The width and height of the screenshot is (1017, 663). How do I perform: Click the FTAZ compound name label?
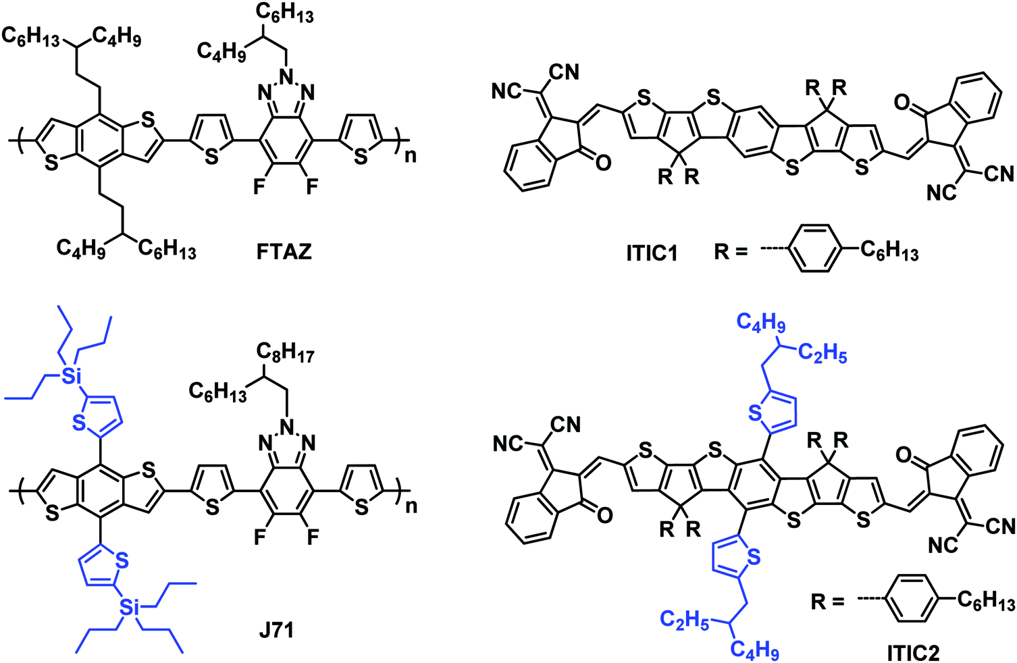[x=284, y=252]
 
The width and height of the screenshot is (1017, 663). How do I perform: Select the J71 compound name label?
[x=276, y=631]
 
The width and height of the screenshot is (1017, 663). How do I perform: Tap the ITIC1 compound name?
[x=652, y=253]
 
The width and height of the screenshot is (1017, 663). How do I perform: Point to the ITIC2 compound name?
[x=913, y=653]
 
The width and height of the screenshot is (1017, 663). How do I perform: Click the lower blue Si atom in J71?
[x=129, y=608]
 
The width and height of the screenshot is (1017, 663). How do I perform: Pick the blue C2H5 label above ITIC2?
[x=823, y=353]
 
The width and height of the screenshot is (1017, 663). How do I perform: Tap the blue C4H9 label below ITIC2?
[x=755, y=650]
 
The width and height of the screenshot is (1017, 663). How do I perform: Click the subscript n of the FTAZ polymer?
[x=410, y=156]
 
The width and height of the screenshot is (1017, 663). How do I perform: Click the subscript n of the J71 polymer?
[x=411, y=506]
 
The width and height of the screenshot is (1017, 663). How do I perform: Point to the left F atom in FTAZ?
[x=259, y=186]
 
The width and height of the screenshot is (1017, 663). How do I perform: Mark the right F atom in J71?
[x=313, y=537]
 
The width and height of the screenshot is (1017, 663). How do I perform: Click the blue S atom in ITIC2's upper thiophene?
[x=756, y=413]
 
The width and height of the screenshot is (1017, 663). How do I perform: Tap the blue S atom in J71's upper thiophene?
[x=80, y=423]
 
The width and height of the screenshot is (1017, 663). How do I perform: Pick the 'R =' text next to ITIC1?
[x=731, y=252]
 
